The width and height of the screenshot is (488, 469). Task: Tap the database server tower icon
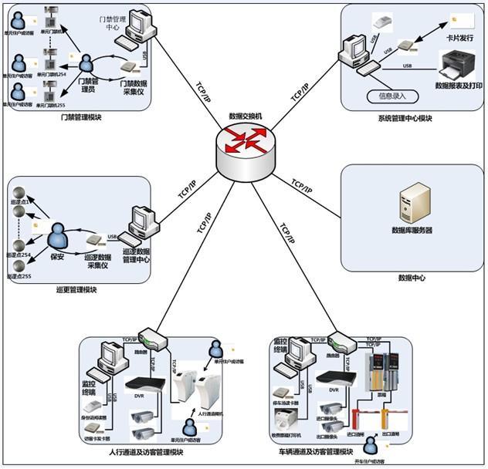(x=411, y=202)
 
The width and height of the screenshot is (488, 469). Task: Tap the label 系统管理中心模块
(x=405, y=118)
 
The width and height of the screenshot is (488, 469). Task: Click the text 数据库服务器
(x=412, y=230)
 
